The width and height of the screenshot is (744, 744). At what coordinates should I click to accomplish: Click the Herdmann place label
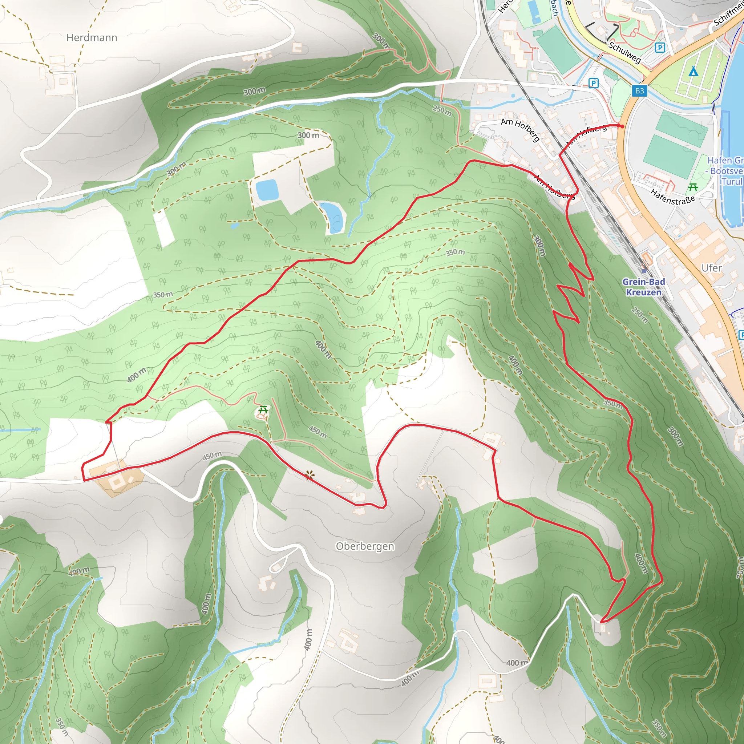[92, 38]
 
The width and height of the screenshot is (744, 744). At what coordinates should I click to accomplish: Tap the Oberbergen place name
[365, 546]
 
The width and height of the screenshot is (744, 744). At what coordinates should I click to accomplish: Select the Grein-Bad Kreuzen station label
[643, 287]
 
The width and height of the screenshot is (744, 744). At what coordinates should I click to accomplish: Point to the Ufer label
[711, 268]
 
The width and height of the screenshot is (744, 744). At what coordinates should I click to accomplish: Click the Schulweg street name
[624, 52]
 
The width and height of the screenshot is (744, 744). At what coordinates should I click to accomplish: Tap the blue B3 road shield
[640, 91]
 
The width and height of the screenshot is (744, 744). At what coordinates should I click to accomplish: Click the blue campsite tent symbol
[693, 71]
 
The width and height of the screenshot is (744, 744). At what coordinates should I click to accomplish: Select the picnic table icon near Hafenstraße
[693, 187]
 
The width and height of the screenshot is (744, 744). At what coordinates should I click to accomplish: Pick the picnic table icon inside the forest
[263, 410]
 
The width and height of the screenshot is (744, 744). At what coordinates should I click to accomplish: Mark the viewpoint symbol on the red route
[308, 475]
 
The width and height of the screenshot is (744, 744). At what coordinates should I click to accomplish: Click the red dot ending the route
[622, 126]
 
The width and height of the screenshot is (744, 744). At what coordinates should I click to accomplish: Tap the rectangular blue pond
[267, 190]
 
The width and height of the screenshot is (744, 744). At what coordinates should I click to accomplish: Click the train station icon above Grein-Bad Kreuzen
[644, 270]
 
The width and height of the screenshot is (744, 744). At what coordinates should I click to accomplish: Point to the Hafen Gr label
[725, 160]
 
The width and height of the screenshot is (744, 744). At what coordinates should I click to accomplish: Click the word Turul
[732, 181]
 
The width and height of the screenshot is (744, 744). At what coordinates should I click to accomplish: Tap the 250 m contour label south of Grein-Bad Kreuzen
[640, 315]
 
